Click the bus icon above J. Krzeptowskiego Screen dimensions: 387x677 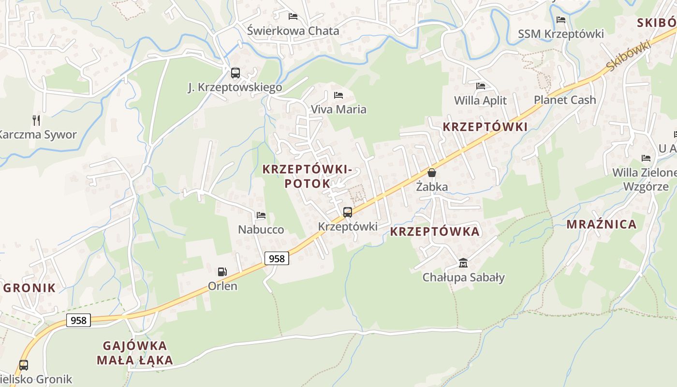tap(235, 73)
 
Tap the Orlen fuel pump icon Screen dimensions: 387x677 tap(222, 272)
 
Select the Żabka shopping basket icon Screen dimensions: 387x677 tap(432, 173)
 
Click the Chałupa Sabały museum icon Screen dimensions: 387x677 tap(463, 263)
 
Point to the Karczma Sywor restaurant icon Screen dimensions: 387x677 tap(36, 120)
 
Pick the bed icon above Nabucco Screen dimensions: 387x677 tap(261, 215)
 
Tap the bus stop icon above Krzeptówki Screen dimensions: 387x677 tap(347, 212)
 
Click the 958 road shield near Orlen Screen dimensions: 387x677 tap(277, 258)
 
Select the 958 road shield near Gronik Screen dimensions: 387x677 tap(78, 320)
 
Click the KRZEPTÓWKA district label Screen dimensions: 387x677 tap(435, 232)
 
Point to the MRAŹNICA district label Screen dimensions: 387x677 tap(602, 224)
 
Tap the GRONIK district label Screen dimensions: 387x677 tap(30, 288)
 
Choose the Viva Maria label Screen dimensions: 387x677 tap(338, 109)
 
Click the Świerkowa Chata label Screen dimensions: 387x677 tap(293, 31)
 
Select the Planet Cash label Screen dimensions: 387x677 tap(565, 100)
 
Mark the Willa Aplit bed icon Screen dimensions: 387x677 tap(481, 86)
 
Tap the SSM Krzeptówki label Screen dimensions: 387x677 tap(561, 34)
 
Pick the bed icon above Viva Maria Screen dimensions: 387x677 tap(338, 95)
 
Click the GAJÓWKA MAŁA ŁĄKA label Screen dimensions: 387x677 tap(135, 353)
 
